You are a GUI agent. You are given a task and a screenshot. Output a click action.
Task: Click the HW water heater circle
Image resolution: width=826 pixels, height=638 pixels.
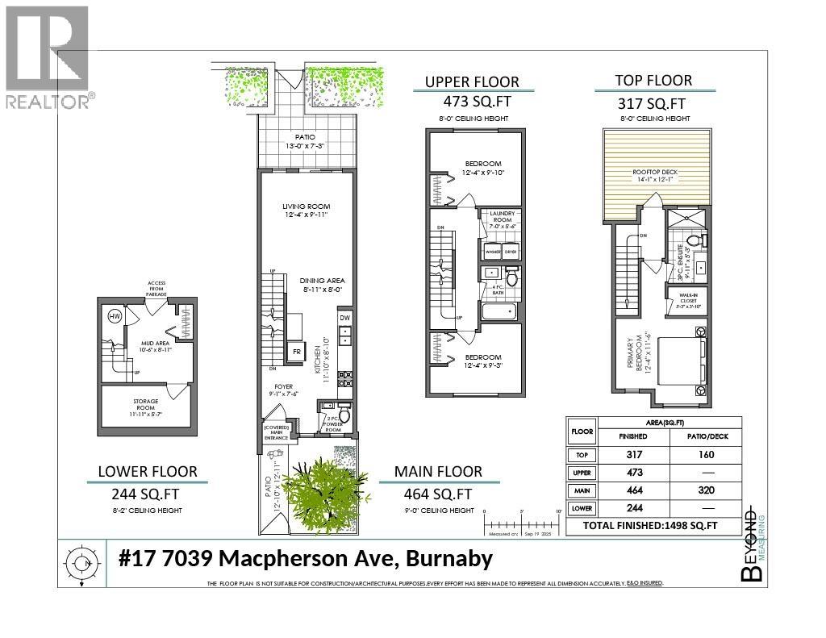click(x=115, y=317)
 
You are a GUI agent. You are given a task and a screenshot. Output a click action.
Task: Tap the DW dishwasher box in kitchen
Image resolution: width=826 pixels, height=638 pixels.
click(x=344, y=319)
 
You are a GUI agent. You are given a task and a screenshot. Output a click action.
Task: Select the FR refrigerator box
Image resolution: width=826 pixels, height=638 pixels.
click(x=295, y=352)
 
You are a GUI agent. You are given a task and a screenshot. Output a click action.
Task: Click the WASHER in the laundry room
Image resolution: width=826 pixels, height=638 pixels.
click(x=491, y=251)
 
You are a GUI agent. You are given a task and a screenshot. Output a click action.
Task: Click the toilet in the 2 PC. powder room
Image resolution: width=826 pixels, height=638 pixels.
click(x=344, y=415)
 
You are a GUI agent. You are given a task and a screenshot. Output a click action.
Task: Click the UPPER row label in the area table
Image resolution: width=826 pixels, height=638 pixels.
click(x=582, y=472)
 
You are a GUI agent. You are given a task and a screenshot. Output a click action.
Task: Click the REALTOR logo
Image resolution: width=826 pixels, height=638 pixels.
click(x=48, y=56)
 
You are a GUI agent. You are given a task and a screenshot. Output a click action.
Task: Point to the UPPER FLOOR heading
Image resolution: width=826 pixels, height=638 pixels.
click(x=472, y=82)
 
